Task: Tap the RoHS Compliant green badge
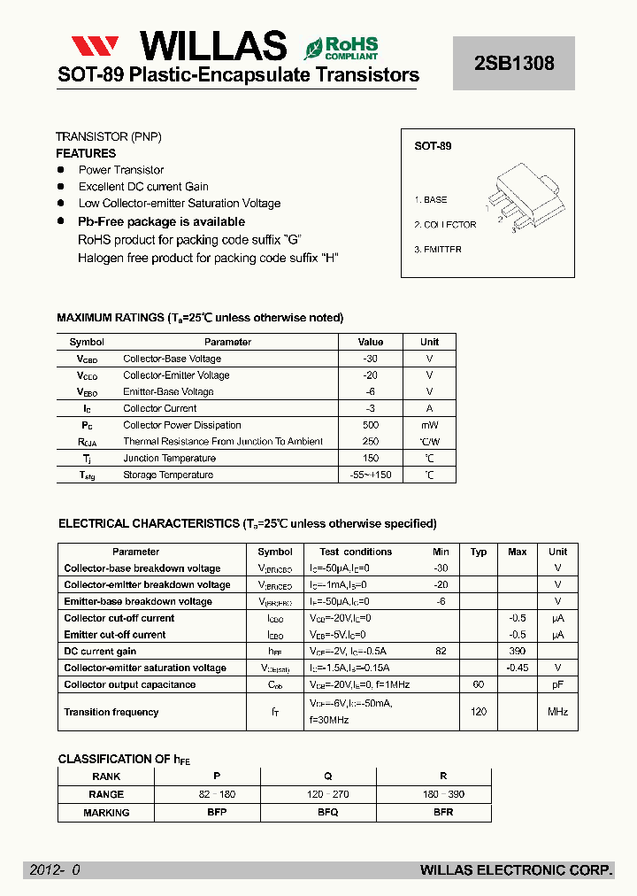342,47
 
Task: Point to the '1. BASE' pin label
431,200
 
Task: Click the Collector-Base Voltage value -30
370,359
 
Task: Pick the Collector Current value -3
370,408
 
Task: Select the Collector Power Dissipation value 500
370,425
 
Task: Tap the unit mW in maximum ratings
429,425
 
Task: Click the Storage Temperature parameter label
168,475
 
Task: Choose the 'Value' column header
370,342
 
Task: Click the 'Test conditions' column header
356,552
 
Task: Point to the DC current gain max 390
517,651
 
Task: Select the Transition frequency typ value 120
479,712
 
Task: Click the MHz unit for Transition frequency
557,712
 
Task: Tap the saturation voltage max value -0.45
517,668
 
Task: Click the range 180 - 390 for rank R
444,794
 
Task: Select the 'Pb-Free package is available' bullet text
161,221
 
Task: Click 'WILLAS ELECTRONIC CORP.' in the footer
516,870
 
